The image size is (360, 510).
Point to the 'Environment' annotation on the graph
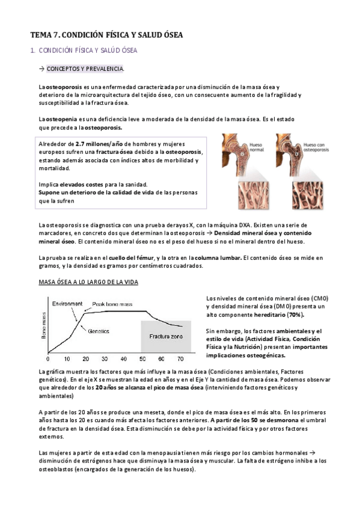67,304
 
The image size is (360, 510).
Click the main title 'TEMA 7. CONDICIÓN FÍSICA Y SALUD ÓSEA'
106,35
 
